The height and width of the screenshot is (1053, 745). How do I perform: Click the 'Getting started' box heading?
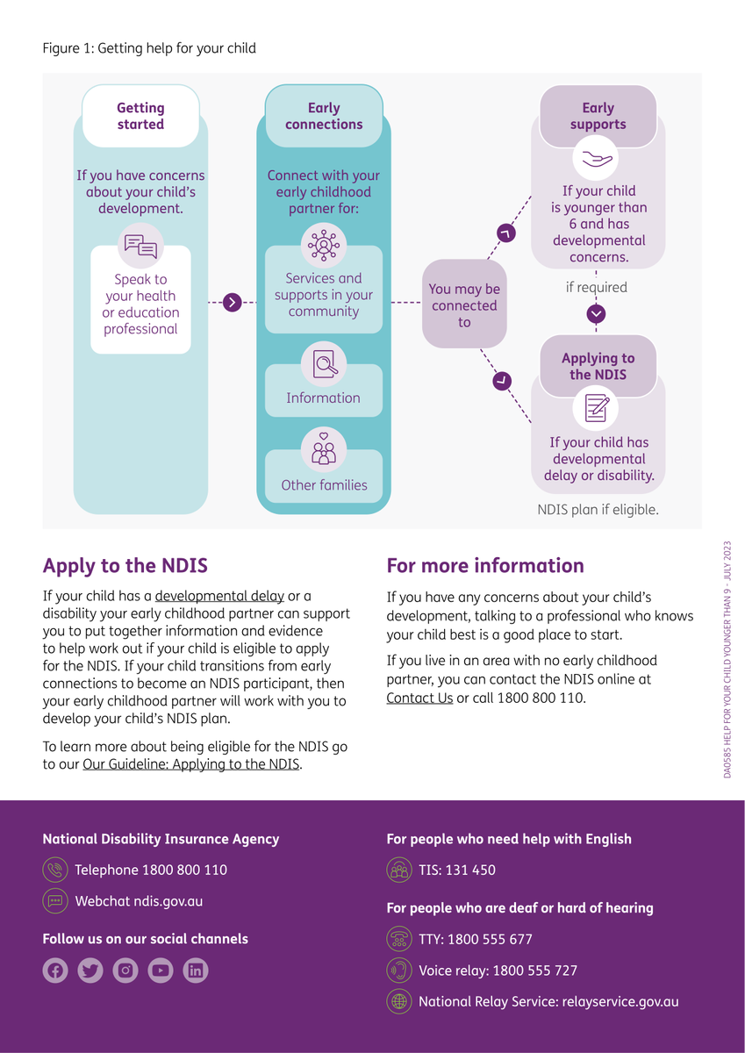[140, 116]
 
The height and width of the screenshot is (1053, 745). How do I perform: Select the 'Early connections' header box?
[323, 116]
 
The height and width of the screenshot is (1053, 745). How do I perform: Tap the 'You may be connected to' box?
[464, 305]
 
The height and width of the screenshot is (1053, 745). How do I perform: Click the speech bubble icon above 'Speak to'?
[140, 246]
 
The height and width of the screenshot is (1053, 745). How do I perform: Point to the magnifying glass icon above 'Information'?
[323, 363]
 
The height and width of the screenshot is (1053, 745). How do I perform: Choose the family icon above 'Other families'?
[323, 449]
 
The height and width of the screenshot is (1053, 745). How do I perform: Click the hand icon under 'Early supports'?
[598, 159]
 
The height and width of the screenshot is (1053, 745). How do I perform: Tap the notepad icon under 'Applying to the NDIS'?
[597, 408]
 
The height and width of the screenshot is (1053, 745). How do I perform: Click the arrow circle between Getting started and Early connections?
[232, 303]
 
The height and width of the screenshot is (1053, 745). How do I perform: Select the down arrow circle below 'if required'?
[597, 313]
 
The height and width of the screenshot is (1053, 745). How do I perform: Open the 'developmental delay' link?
[219, 596]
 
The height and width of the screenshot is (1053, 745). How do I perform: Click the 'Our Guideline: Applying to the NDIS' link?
[191, 764]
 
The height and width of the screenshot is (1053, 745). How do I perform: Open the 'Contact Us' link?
[419, 698]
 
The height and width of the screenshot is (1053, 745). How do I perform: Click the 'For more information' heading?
[485, 566]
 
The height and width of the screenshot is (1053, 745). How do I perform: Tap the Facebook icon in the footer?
[55, 971]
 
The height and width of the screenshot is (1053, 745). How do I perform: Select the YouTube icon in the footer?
[161, 971]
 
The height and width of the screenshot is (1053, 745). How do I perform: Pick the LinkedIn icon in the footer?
[196, 971]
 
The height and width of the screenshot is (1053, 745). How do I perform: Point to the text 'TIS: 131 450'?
[456, 870]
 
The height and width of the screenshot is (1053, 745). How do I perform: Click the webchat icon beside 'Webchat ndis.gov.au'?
[54, 901]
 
